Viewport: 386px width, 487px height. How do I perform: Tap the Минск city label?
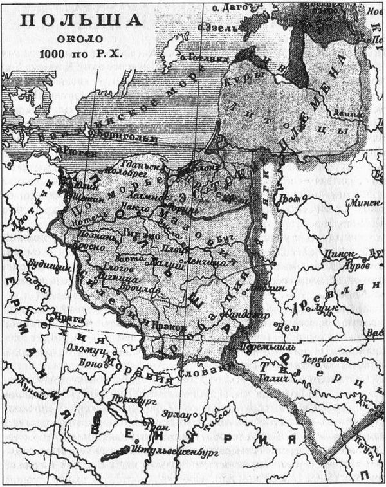[363, 201]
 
